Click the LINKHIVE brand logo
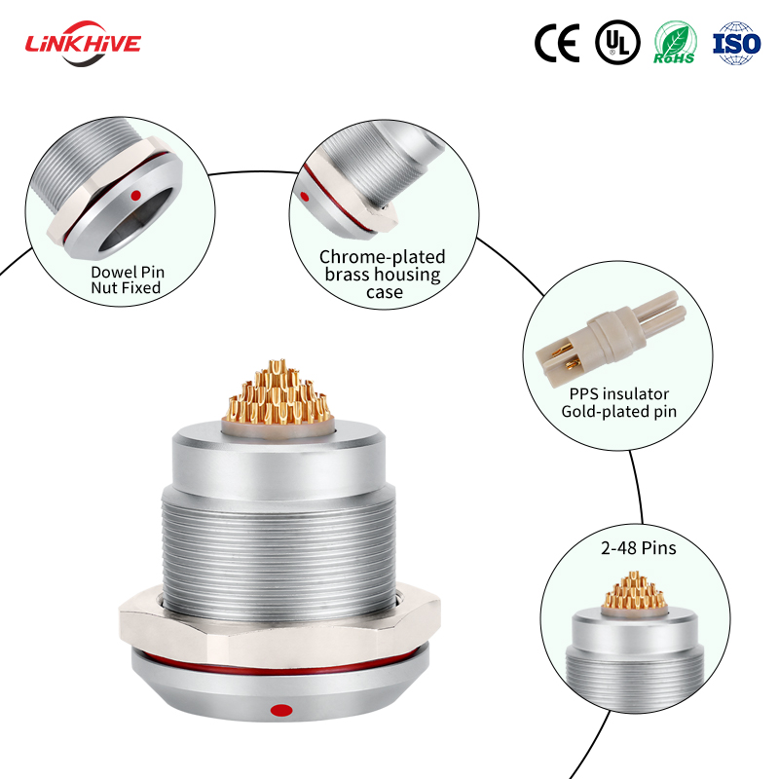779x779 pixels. pos(83,43)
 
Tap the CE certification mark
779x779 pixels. pos(557,42)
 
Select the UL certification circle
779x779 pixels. pos(617,42)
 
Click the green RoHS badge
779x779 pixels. pos(674,42)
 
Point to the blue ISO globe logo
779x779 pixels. pos(736,42)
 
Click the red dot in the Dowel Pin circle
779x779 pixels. pos(135,195)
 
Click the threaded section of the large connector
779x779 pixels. pos(277,545)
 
